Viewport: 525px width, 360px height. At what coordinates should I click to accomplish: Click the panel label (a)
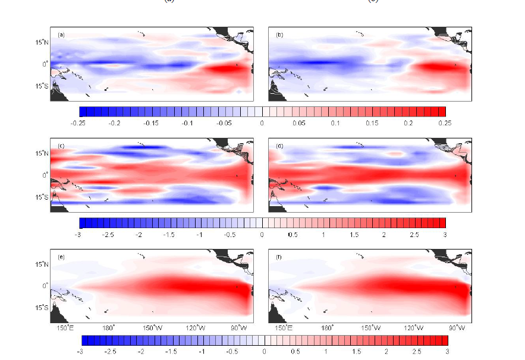(61, 35)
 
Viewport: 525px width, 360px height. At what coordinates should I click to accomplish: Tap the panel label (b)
(279, 35)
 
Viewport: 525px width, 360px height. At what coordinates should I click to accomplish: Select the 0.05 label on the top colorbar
(299, 122)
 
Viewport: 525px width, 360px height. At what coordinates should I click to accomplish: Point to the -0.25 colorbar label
(78, 122)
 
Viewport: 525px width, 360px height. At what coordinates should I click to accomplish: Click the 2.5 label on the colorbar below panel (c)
(414, 235)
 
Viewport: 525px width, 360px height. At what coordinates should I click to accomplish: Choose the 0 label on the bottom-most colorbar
(264, 351)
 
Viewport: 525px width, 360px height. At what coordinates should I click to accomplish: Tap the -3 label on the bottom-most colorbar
(80, 351)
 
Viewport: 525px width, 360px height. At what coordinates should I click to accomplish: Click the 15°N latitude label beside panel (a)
(41, 42)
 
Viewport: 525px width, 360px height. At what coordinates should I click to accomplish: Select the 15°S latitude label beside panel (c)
(41, 197)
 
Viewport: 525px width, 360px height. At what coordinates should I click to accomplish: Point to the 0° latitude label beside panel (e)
(45, 286)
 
